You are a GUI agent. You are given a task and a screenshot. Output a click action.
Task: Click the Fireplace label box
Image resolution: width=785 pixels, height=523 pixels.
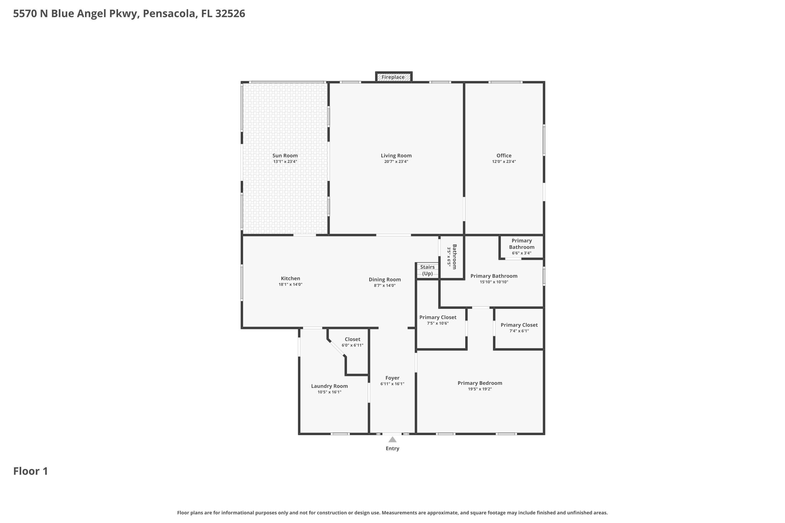(x=393, y=77)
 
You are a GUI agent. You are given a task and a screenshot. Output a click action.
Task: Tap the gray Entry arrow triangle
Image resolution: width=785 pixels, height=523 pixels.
(x=392, y=440)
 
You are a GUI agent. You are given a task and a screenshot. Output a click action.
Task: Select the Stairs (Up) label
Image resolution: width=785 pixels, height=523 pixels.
(x=427, y=270)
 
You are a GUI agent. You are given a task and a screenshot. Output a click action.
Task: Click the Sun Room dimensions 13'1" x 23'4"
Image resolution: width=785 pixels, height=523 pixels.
(x=285, y=161)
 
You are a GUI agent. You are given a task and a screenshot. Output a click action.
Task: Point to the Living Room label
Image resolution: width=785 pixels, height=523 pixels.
(x=396, y=155)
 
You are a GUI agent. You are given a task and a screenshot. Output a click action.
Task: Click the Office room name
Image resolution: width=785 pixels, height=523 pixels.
(x=504, y=155)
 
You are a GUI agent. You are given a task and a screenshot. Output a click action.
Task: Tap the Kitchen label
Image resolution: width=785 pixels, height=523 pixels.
(x=290, y=278)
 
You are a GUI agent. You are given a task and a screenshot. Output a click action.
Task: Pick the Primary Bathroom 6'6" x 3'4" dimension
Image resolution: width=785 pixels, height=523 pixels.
(x=522, y=253)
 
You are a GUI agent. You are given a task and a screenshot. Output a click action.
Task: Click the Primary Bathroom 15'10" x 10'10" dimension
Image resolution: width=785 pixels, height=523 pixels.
(x=494, y=282)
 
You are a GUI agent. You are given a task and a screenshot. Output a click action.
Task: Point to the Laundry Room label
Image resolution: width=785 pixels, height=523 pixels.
(x=329, y=386)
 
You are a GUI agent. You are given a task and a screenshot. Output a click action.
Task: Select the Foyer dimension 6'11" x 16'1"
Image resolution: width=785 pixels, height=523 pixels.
(x=392, y=384)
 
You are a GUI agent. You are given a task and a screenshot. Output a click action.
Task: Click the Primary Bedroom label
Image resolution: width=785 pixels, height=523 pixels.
(x=480, y=383)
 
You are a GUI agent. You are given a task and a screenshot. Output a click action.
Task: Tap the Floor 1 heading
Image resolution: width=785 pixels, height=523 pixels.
(x=31, y=471)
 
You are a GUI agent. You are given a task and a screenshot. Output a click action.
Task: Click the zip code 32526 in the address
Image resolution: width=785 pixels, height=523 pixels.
(x=230, y=14)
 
